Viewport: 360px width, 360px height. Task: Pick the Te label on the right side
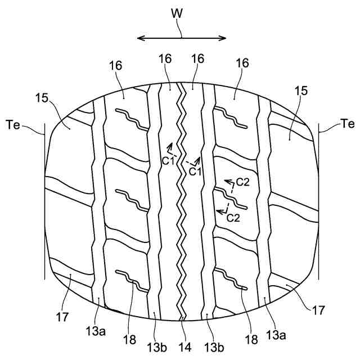click(x=347, y=124)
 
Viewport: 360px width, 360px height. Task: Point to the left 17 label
click(x=64, y=317)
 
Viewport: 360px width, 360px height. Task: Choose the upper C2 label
click(x=244, y=182)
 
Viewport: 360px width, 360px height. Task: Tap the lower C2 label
click(x=233, y=218)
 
